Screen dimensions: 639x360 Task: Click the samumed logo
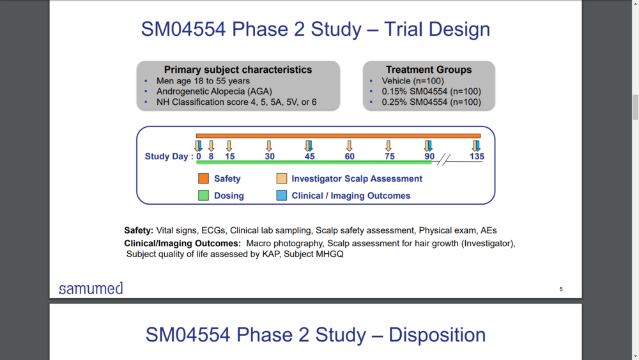tap(91, 288)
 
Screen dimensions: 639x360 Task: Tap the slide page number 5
tap(561, 289)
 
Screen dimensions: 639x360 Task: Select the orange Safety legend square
tap(203, 178)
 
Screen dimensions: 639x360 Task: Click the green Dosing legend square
tap(203, 196)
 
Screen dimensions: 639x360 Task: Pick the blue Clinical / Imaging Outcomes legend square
tap(282, 196)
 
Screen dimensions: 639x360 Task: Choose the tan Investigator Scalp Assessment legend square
tap(282, 178)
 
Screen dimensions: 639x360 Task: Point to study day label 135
tap(477, 157)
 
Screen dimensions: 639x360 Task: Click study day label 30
tap(270, 157)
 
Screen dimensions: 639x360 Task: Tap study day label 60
tap(350, 157)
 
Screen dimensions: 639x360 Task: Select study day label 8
tap(211, 157)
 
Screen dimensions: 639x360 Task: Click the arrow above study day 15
tap(229, 146)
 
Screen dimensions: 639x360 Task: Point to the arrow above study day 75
tap(389, 146)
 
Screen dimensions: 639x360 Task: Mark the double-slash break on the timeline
tap(444, 159)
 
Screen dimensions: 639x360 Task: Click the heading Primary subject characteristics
tap(238, 70)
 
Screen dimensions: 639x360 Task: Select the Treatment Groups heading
tap(429, 70)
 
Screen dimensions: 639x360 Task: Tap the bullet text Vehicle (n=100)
tap(413, 81)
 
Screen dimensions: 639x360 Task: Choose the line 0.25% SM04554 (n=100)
tap(431, 102)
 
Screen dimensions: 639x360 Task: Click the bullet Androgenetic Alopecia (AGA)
tap(214, 91)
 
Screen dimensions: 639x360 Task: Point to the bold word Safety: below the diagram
tap(139, 230)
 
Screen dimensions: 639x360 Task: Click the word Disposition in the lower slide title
tap(437, 334)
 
